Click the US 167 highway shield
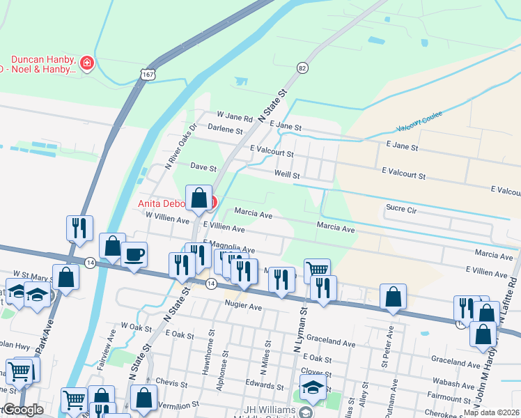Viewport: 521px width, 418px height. (146, 74)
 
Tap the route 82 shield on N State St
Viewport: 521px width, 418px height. (302, 68)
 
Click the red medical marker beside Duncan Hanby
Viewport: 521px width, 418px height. (87, 64)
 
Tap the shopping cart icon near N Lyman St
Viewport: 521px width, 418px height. (317, 269)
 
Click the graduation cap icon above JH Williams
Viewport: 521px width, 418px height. (313, 388)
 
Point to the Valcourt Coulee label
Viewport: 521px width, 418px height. (415, 128)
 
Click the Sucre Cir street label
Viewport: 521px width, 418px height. (401, 208)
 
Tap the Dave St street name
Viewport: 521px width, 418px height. (204, 168)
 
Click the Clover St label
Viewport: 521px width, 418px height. (317, 371)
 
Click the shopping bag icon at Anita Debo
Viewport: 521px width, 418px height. (199, 198)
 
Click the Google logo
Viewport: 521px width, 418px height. (22, 409)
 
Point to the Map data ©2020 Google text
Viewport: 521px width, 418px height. (491, 412)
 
